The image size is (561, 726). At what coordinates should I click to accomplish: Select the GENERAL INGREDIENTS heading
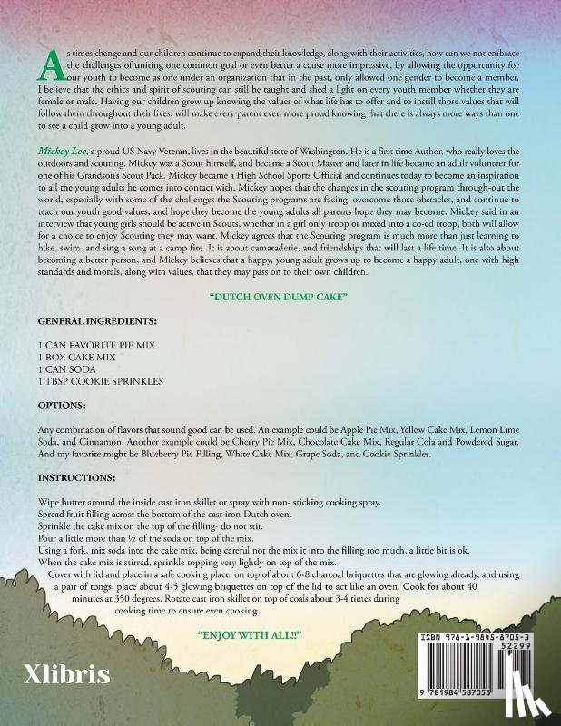pyautogui.click(x=97, y=321)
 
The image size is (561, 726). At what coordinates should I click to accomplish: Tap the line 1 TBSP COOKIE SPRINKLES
pyautogui.click(x=101, y=382)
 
